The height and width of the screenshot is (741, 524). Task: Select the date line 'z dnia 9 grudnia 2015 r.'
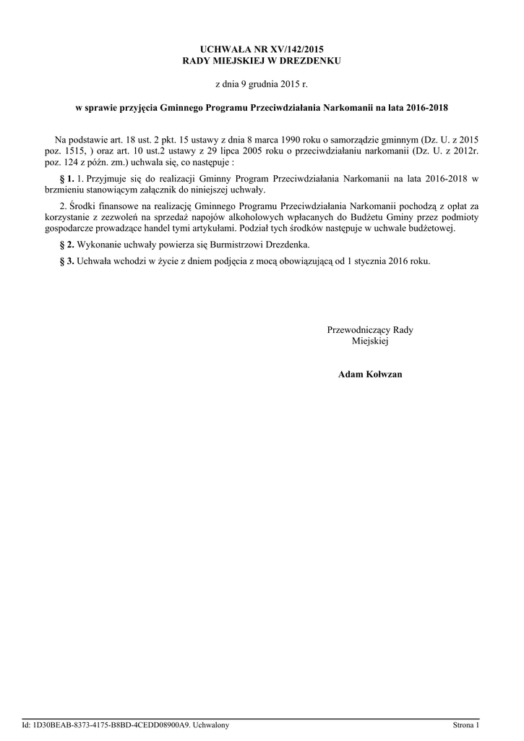pos(262,85)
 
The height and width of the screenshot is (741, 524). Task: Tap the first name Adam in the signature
pos(350,374)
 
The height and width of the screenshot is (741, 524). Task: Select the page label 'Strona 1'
pos(465,725)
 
